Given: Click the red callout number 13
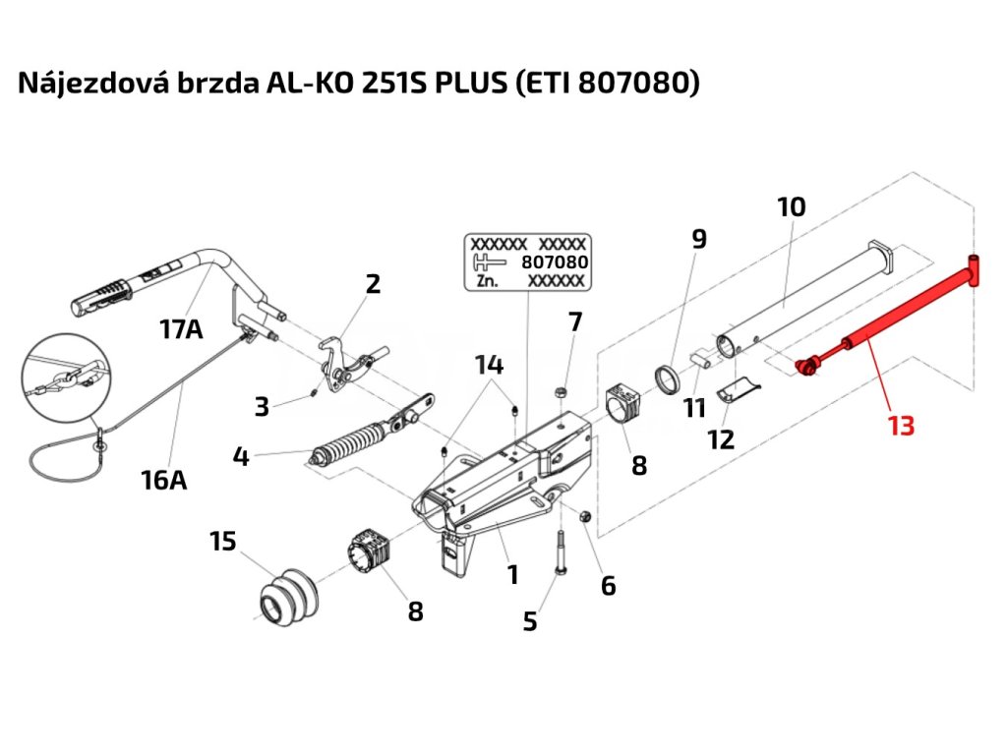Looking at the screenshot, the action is [901, 426].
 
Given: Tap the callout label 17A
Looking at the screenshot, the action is [181, 329].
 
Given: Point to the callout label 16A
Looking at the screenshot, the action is [164, 480].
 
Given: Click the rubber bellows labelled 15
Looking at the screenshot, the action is [288, 595].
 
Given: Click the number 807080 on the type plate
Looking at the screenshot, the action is [555, 261].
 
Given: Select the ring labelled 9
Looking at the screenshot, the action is [669, 379].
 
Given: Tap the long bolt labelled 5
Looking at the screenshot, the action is [560, 553].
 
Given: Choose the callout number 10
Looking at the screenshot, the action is [792, 206].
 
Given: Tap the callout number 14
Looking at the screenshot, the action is [489, 365].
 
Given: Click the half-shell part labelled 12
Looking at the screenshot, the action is [739, 389].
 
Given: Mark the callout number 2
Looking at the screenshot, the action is [373, 284].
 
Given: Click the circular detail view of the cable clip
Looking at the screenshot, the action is [66, 377].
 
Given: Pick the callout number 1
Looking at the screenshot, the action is [512, 574].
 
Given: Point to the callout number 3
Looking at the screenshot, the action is [262, 406].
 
